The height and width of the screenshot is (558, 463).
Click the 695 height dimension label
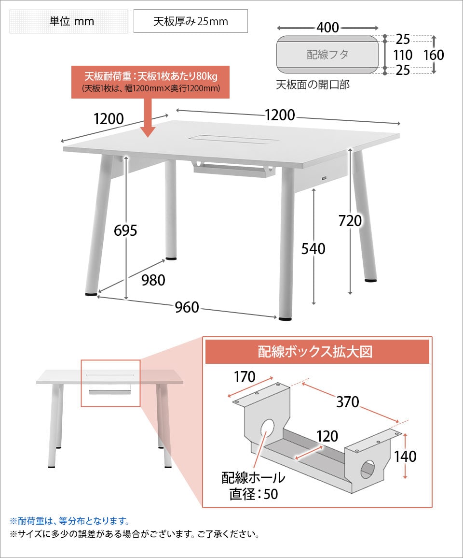click(x=125, y=230)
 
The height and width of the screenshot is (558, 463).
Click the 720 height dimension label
click(x=350, y=221)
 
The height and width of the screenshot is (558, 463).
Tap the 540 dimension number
click(x=313, y=249)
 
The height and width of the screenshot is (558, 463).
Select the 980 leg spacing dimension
click(x=153, y=280)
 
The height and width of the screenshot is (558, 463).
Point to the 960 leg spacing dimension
click(x=187, y=307)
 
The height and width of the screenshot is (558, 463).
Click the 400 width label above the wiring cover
click(x=327, y=28)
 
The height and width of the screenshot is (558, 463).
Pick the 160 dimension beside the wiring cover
click(x=434, y=55)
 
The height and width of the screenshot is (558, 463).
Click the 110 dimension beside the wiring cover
click(x=403, y=55)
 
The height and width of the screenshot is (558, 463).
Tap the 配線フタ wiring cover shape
click(x=327, y=55)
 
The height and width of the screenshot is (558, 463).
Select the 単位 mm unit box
click(x=69, y=21)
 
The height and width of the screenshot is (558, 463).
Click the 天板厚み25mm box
click(x=191, y=21)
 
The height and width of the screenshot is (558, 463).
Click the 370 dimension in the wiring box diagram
click(x=348, y=402)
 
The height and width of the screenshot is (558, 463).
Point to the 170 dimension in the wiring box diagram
click(x=245, y=376)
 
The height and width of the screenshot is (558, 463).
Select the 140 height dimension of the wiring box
click(x=405, y=456)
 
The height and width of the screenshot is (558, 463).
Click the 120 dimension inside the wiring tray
click(x=327, y=436)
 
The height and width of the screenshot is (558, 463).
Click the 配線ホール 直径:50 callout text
click(x=253, y=486)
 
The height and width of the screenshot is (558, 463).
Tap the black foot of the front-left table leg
click(x=91, y=294)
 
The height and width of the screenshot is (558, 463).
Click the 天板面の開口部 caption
click(x=313, y=85)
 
